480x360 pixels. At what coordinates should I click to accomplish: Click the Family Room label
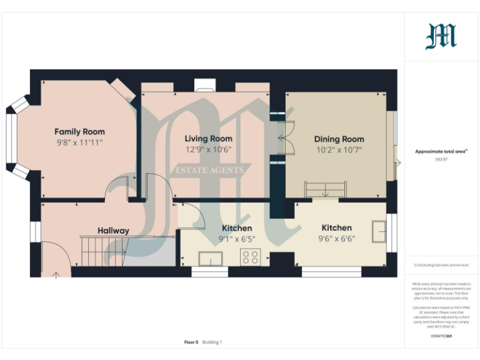pyautogui.click(x=79, y=132)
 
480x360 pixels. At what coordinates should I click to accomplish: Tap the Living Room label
pyautogui.click(x=208, y=139)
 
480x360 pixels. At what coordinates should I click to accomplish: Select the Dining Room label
pyautogui.click(x=339, y=139)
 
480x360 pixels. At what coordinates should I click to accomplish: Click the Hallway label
pyautogui.click(x=113, y=231)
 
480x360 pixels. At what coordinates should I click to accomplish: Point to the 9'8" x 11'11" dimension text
pyautogui.click(x=79, y=143)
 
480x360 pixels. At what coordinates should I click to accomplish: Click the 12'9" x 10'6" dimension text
pyautogui.click(x=208, y=150)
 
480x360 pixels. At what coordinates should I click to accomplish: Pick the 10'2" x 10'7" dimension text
pyautogui.click(x=339, y=150)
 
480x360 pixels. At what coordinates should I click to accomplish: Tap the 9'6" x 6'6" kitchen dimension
pyautogui.click(x=336, y=239)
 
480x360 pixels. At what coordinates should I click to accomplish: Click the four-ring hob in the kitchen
pyautogui.click(x=251, y=256)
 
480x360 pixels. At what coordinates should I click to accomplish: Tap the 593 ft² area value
pyautogui.click(x=442, y=160)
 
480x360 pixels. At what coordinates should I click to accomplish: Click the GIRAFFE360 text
pyautogui.click(x=441, y=337)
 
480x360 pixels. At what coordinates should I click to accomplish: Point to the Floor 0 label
pyautogui.click(x=191, y=342)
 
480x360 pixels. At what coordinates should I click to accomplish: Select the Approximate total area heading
pyautogui.click(x=441, y=151)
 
